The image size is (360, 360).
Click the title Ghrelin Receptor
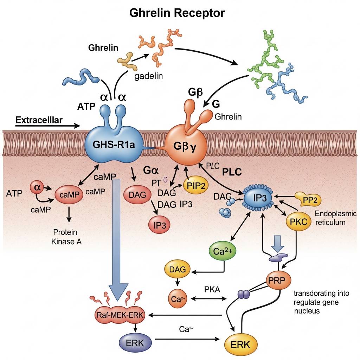click(x=177, y=13)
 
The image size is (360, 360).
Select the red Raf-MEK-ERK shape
click(x=120, y=315)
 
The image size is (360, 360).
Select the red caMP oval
click(x=69, y=194)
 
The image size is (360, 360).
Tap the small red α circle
click(x=37, y=188)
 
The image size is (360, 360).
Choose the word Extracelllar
click(x=39, y=120)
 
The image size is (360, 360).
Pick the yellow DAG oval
click(x=177, y=270)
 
